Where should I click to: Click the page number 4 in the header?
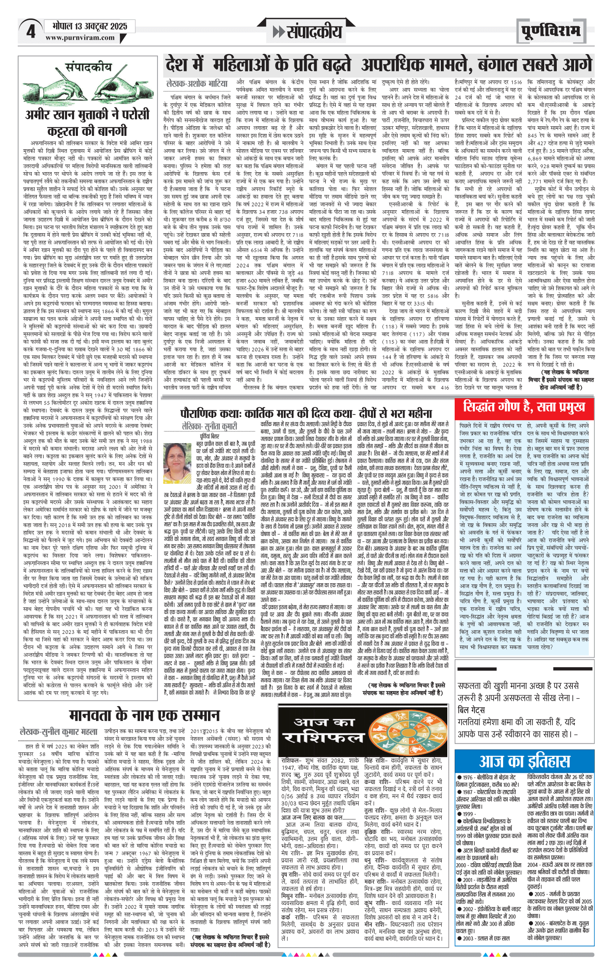pos(31,31)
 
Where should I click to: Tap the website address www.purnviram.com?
pos(80,38)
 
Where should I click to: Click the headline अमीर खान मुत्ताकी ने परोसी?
pos(87,115)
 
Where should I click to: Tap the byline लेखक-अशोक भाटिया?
pos(197,83)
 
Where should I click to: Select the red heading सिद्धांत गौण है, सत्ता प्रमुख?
pos(524,407)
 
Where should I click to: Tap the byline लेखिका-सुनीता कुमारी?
pos(209,426)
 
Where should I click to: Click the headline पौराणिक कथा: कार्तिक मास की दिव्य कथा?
pos(305,414)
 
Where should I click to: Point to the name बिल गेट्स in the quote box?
pos(471,710)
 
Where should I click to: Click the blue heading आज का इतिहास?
pos(524,761)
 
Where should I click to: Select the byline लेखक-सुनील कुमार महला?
pos(59,732)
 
